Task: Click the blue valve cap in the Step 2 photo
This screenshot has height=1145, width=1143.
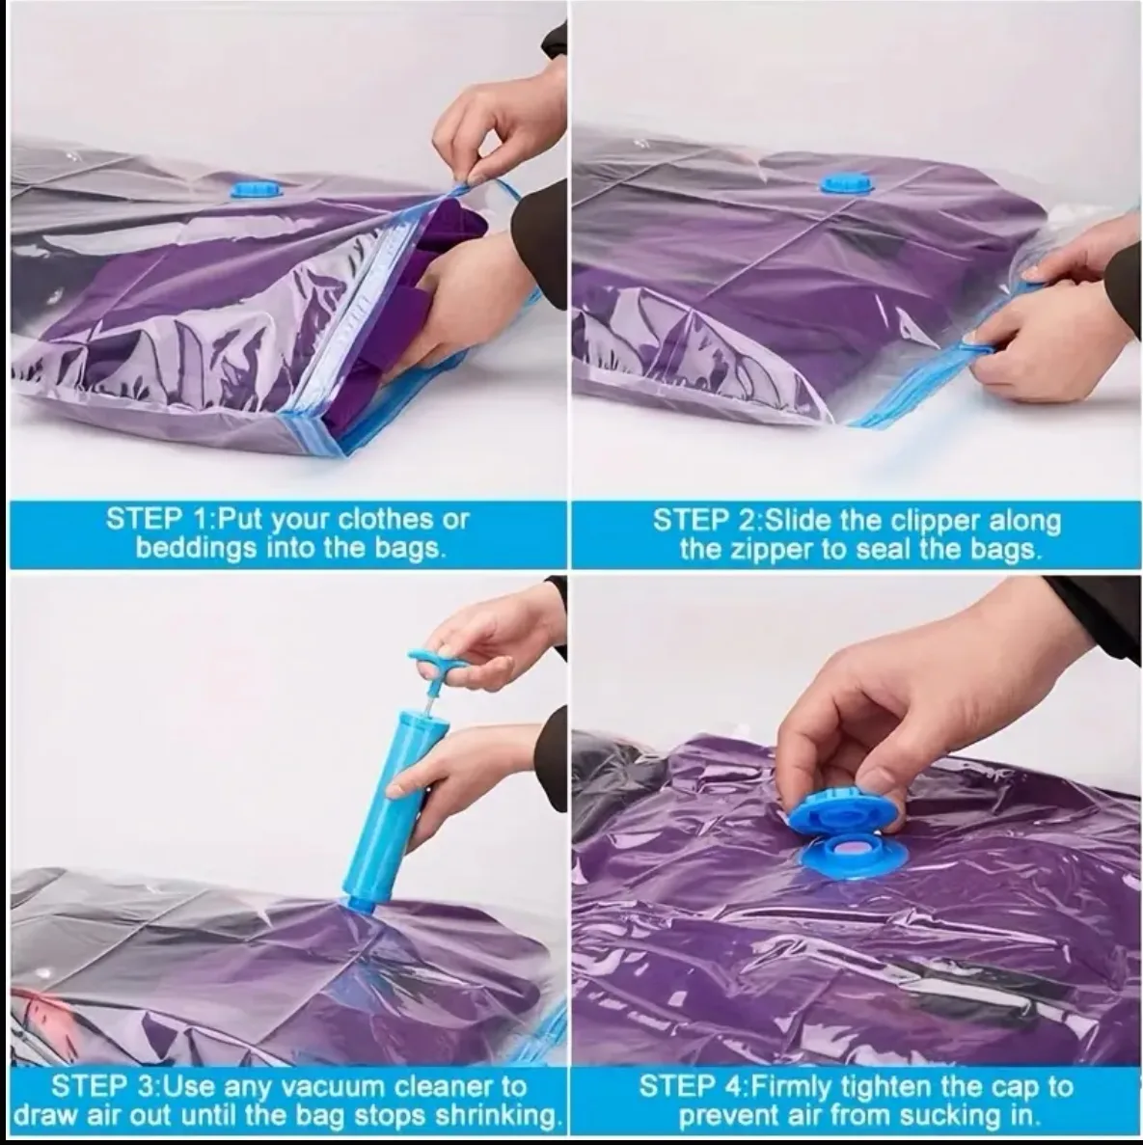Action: click(x=847, y=183)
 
